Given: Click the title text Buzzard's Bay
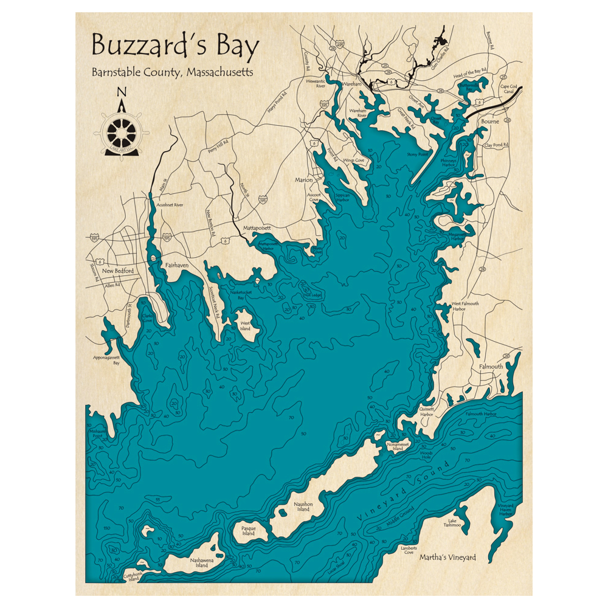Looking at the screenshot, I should click(x=175, y=47).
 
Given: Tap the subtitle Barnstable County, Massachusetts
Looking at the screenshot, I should click(x=173, y=72).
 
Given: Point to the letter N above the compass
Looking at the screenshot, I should click(x=122, y=92).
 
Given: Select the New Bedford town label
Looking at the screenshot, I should click(x=117, y=271).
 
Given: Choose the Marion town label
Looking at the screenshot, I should click(x=303, y=180).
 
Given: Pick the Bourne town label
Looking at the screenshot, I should click(x=489, y=122).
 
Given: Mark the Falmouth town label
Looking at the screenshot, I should click(x=491, y=367).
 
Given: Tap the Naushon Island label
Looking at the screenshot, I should click(x=303, y=507).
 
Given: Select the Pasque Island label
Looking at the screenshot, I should click(x=248, y=531).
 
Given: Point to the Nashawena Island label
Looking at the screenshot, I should click(x=201, y=563).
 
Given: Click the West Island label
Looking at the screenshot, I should click(x=246, y=326).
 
